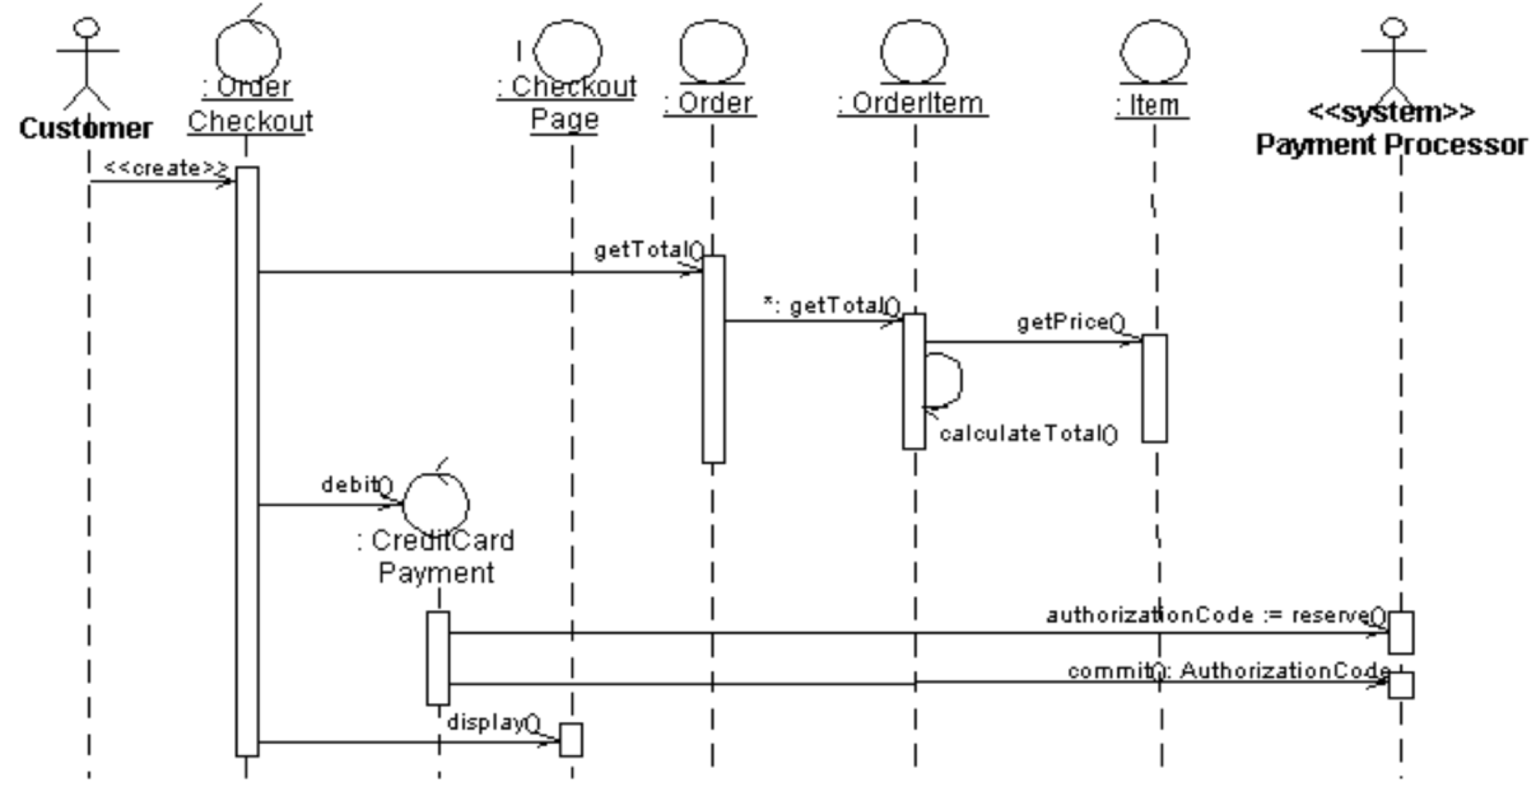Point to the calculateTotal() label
[x=1029, y=434]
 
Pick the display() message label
[x=494, y=723]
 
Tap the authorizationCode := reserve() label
[x=1216, y=615]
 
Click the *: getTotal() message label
[x=832, y=306]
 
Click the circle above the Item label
[x=1155, y=51]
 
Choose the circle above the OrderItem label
[x=913, y=51]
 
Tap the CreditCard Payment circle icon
[x=437, y=504]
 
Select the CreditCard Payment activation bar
[x=438, y=658]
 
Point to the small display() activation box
[x=571, y=740]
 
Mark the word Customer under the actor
[x=86, y=129]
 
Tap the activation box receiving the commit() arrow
[x=1401, y=685]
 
